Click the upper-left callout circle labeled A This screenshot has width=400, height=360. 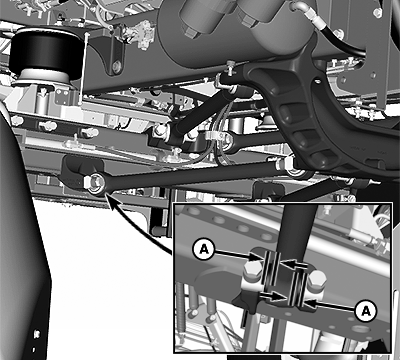[x=204, y=249]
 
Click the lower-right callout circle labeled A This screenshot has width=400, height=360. [x=366, y=311]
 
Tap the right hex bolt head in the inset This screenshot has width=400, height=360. [x=316, y=278]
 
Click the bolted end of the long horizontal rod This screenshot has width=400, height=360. [x=96, y=182]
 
